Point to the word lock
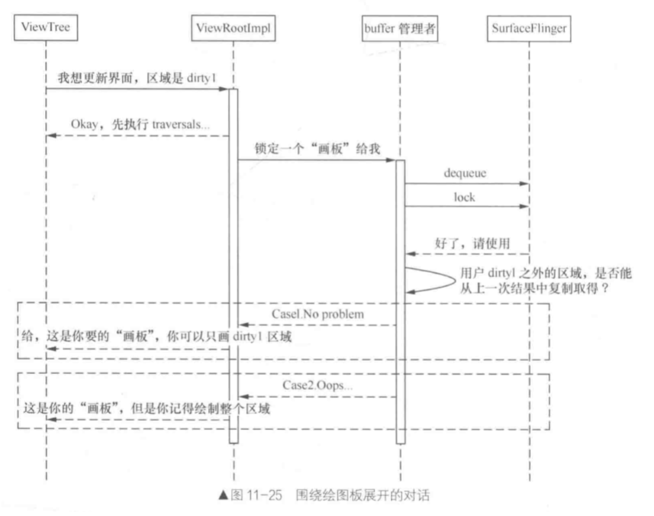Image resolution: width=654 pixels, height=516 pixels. coord(464,197)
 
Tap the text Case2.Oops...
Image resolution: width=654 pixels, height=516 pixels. coord(318,385)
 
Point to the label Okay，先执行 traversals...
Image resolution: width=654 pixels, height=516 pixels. coord(141,125)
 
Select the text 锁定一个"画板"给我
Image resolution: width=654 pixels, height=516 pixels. coord(317,149)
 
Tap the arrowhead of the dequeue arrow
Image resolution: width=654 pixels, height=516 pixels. coord(524,184)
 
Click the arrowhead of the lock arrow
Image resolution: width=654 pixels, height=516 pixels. coord(524,206)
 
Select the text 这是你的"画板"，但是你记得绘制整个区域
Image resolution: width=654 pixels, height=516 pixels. coord(146,409)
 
